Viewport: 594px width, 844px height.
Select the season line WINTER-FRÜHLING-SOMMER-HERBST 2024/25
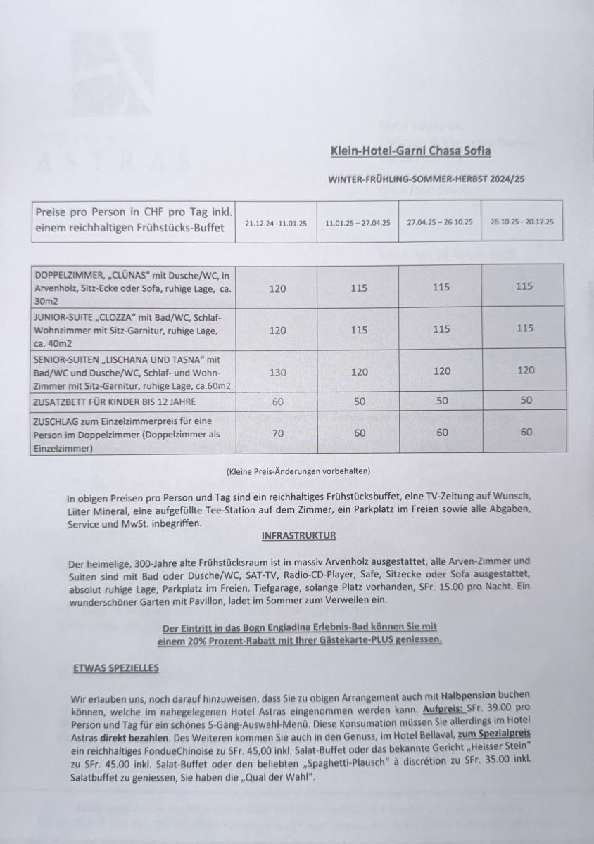426,180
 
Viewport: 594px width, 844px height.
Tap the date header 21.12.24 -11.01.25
276,223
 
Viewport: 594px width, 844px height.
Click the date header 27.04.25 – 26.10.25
440,222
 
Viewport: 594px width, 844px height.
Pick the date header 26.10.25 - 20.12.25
522,221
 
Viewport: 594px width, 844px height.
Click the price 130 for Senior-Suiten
278,371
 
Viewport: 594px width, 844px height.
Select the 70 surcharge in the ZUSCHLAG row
278,433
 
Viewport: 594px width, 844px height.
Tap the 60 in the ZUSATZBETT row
278,401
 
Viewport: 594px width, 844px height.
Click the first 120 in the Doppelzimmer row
278,288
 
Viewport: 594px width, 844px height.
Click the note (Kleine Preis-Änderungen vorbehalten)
298,470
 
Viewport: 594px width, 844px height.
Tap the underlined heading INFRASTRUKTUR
298,536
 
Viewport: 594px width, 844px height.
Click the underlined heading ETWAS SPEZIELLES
116,667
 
